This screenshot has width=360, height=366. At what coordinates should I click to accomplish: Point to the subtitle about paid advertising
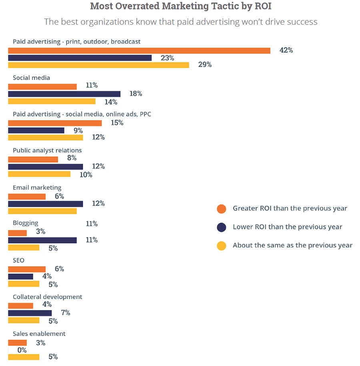pyautogui.click(x=180, y=22)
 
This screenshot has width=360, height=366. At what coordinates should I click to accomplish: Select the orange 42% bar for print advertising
pyautogui.click(x=139, y=50)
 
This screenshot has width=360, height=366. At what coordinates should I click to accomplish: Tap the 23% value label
pyautogui.click(x=167, y=58)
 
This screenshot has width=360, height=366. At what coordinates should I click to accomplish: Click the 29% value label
pyautogui.click(x=205, y=65)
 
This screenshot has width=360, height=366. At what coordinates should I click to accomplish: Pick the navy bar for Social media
pyautogui.click(x=64, y=94)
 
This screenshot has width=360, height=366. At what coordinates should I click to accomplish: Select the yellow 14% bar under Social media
pyautogui.click(x=52, y=101)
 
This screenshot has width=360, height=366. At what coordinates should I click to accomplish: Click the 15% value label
pyautogui.click(x=117, y=123)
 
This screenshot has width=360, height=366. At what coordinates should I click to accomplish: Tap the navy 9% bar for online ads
pyautogui.click(x=36, y=131)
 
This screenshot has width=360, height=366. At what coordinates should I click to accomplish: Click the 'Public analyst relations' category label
pyautogui.click(x=47, y=151)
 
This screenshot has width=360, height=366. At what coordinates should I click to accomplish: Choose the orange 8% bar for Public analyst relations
pyautogui.click(x=33, y=159)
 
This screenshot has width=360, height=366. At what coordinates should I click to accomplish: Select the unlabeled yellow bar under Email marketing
pyautogui.click(x=42, y=211)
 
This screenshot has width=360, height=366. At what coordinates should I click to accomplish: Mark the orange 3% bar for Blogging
pyautogui.click(x=17, y=233)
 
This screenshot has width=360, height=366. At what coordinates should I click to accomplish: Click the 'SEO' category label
pyautogui.click(x=18, y=260)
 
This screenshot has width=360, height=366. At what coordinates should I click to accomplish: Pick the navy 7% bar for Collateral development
pyautogui.click(x=30, y=313)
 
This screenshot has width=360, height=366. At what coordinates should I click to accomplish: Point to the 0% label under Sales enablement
pyautogui.click(x=22, y=350)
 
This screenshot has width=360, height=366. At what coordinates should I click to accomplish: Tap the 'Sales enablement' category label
pyautogui.click(x=39, y=334)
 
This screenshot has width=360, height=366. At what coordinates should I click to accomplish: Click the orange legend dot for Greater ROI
pyautogui.click(x=222, y=209)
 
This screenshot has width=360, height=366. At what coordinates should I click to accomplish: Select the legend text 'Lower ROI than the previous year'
pyautogui.click(x=287, y=227)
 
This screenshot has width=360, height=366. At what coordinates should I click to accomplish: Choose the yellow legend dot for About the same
pyautogui.click(x=222, y=245)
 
